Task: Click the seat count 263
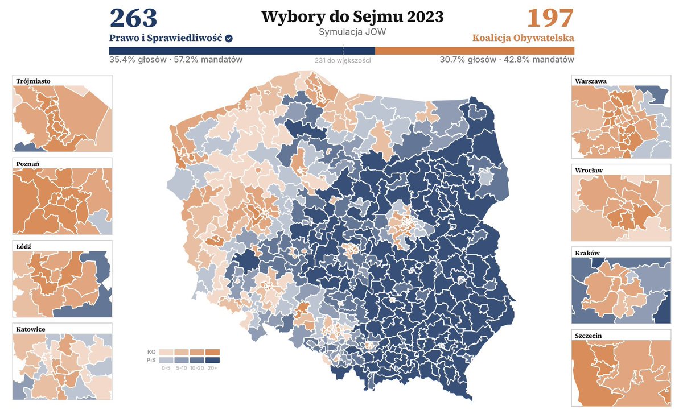click(133, 18)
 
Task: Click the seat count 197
click(550, 18)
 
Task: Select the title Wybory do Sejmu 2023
click(352, 17)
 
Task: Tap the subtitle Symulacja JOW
click(352, 32)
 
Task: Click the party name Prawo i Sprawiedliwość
click(166, 38)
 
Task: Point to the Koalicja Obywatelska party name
click(522, 38)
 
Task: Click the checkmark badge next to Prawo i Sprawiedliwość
click(229, 38)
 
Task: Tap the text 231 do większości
click(343, 60)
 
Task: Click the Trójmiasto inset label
click(34, 81)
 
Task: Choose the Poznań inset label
click(28, 164)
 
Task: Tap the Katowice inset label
click(31, 329)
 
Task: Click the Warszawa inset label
click(591, 81)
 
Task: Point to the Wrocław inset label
click(589, 170)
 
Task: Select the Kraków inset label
click(587, 253)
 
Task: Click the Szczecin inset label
click(589, 336)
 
